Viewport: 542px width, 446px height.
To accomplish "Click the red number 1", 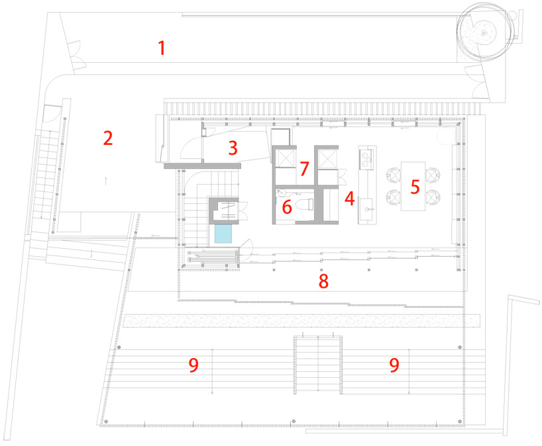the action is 162,48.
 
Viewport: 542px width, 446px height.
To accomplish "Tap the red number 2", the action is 108,138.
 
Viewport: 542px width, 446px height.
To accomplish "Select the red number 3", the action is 233,148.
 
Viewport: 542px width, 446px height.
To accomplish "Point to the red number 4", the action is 349,199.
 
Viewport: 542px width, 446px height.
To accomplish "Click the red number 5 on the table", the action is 415,187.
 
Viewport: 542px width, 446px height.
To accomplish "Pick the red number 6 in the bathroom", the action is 287,207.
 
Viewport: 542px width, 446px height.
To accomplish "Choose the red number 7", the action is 304,169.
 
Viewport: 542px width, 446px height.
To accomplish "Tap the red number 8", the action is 323,281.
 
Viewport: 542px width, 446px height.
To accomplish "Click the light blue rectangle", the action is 223,234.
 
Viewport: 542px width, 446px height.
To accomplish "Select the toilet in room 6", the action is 304,204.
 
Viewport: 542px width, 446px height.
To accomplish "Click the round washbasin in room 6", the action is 282,193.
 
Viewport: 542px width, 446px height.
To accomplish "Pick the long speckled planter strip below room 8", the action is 301,321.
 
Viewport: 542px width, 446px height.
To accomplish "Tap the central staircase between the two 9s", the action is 318,365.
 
